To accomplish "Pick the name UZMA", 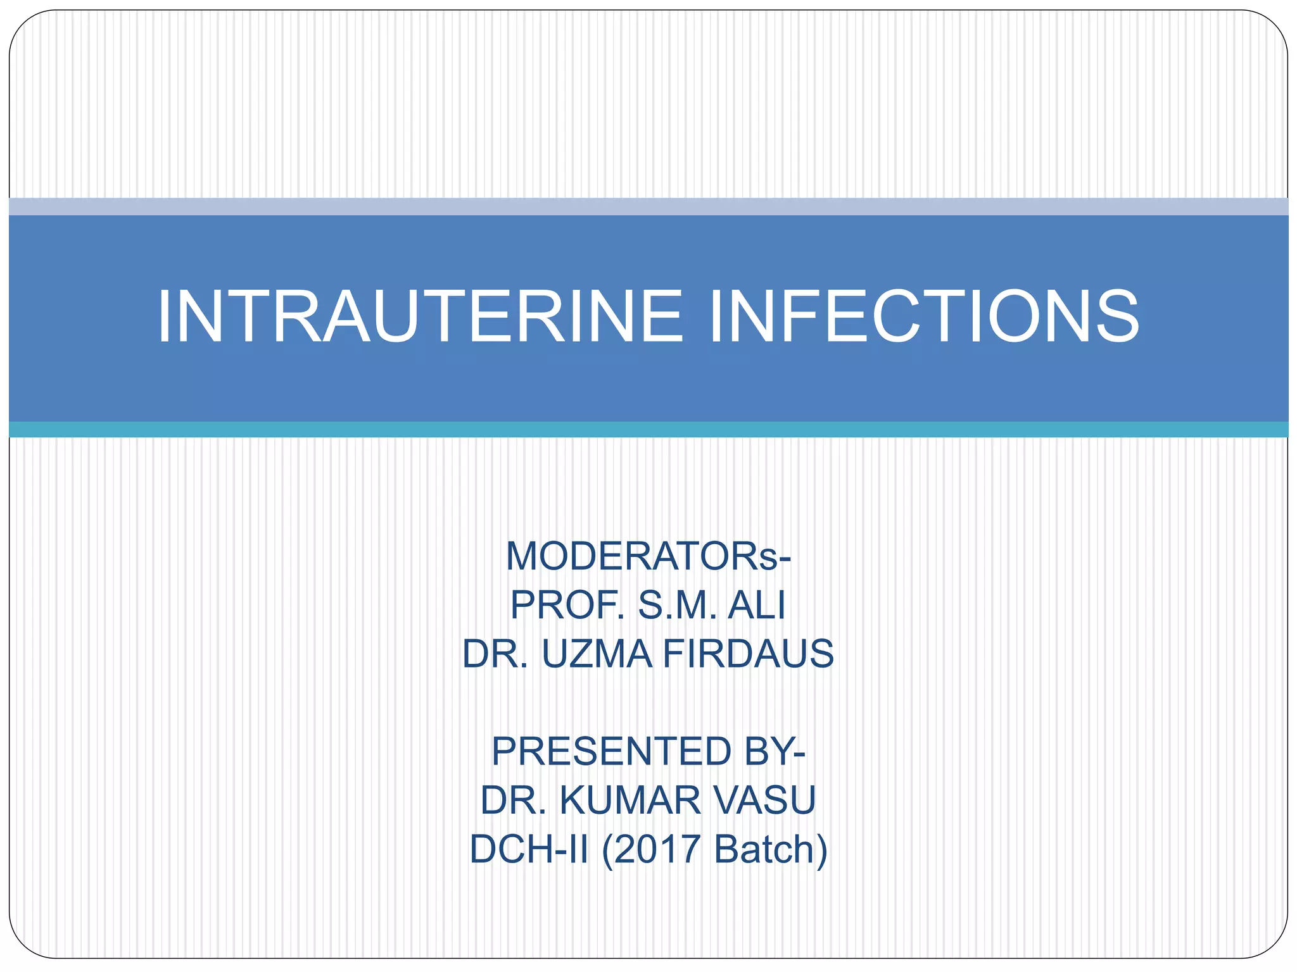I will (x=597, y=654).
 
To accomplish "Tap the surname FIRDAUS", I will (x=749, y=654).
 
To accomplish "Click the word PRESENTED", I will (x=611, y=752).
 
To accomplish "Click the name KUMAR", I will (x=630, y=801).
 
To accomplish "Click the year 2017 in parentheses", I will (x=657, y=849).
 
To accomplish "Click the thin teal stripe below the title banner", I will (x=648, y=430).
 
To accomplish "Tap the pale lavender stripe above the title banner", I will (x=648, y=206).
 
